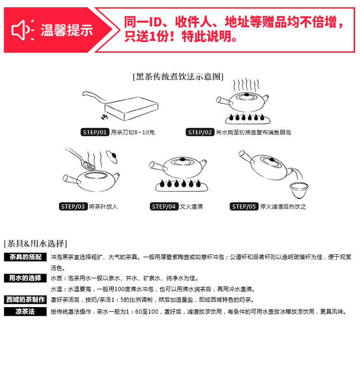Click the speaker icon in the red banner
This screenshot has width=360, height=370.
pos(23,30)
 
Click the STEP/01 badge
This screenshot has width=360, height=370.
pos(95,132)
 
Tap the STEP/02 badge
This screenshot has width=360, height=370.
pos(200,132)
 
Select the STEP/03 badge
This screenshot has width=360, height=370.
pos(73,206)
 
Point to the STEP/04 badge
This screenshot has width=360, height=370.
pos(164,206)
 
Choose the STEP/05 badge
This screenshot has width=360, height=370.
pos(244,206)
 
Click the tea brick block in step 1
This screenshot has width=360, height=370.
pos(131,108)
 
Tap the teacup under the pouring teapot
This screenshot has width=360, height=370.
pos(299,190)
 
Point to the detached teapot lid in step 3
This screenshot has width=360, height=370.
pos(112,156)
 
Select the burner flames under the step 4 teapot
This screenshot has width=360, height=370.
pos(180,184)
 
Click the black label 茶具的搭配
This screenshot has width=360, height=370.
pos(25,257)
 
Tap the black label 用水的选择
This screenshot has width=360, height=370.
pos(25,278)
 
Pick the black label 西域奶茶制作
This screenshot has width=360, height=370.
pos(25,299)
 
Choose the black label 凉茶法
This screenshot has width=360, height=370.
pos(25,312)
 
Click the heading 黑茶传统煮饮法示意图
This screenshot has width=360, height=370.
pos(178,76)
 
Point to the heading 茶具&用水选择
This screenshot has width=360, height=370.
pos(36,243)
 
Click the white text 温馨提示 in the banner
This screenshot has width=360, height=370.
pos(67,30)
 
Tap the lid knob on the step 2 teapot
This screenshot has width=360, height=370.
pos(247,95)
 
